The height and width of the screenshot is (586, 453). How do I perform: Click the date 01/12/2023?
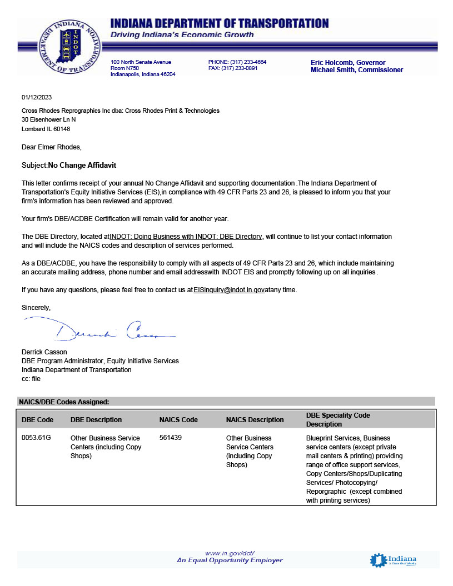[x=37, y=97]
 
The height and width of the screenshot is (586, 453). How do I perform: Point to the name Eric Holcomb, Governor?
[x=348, y=63]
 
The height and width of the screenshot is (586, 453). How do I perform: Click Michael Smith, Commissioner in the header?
[x=357, y=70]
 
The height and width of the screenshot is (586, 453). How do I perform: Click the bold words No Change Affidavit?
[x=82, y=165]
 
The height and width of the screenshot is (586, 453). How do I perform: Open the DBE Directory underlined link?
[x=186, y=237]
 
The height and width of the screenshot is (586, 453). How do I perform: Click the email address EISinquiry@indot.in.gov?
[x=228, y=290]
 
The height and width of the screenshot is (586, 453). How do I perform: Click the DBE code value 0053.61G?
[x=36, y=438]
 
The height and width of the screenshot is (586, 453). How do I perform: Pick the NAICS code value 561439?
[x=170, y=438]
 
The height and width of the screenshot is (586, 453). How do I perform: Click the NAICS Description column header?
[x=255, y=419]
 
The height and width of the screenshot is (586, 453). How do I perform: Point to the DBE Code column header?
[x=37, y=419]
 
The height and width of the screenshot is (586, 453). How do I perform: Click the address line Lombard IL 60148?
[x=46, y=128]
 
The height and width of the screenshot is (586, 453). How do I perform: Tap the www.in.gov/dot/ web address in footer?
[x=230, y=553]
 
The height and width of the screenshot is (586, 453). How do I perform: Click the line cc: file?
[x=31, y=378]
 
